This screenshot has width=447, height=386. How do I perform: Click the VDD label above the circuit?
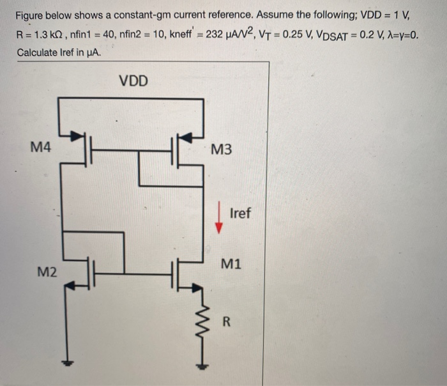(133, 81)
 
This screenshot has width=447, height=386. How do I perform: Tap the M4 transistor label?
(41, 148)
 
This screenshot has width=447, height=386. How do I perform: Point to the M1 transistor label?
(231, 263)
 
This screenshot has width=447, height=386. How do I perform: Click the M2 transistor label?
(47, 273)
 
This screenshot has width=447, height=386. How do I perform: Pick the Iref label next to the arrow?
(239, 213)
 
